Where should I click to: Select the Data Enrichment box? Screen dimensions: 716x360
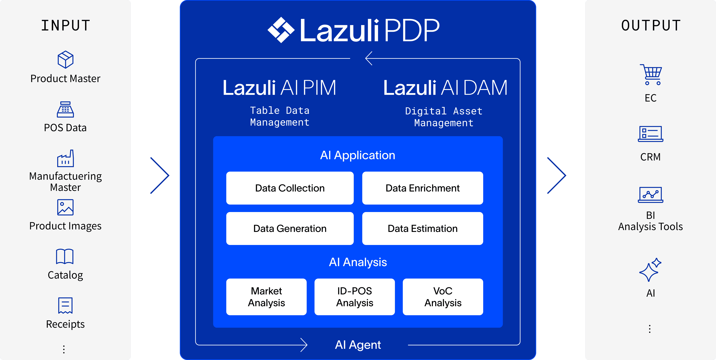click(x=423, y=188)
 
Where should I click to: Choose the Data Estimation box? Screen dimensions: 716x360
click(x=423, y=228)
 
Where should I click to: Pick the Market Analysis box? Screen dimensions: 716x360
click(x=266, y=297)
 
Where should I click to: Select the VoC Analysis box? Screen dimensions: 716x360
click(x=443, y=297)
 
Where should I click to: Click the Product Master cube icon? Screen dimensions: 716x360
click(x=65, y=59)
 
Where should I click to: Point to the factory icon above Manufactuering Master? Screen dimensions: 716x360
click(x=65, y=158)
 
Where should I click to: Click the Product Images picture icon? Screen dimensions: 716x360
click(x=65, y=207)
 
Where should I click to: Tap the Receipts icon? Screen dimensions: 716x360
click(x=65, y=305)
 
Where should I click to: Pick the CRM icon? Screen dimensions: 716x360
click(x=650, y=134)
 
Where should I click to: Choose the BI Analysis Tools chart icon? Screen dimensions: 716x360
click(x=650, y=195)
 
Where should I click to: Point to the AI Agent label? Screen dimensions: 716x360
click(x=358, y=345)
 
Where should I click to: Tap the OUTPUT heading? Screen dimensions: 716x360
click(x=651, y=25)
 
